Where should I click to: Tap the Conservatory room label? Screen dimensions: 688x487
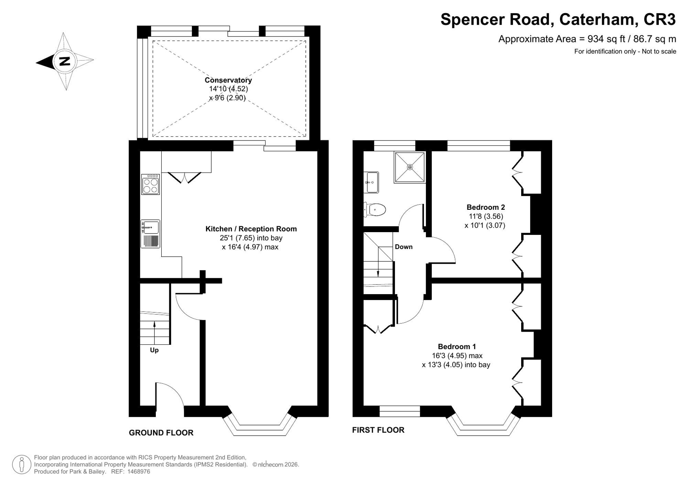pos(228,80)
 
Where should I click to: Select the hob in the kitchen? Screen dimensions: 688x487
pos(150,184)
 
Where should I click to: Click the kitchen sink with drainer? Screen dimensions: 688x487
pos(150,234)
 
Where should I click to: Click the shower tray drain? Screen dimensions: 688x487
pos(410,167)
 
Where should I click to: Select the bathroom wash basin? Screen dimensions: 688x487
pos(371,182)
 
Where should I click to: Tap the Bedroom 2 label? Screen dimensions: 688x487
pos(486,207)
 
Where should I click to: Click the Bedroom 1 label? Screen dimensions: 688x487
pos(457,346)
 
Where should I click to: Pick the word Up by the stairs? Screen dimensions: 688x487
pos(154,350)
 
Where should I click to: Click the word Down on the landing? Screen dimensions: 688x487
pos(404,247)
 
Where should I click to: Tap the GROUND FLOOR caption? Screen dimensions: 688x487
pos(161,433)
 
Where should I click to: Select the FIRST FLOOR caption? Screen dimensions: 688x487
pos(378,430)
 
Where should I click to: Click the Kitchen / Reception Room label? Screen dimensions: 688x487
pos(251,229)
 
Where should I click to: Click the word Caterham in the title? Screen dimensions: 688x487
pos(597,19)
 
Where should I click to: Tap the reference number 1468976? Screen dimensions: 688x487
pos(139,472)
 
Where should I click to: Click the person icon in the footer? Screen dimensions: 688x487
pos(22,464)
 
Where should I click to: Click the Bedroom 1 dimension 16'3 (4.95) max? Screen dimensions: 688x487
pos(457,355)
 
